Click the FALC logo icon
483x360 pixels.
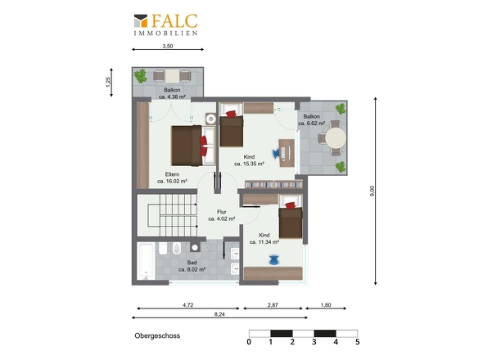click(141, 20)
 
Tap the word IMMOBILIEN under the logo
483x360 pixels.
click(165, 33)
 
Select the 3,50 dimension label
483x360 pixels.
click(168, 46)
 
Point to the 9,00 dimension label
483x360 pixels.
click(372, 191)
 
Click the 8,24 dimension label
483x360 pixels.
click(219, 314)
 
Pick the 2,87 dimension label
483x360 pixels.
click(273, 305)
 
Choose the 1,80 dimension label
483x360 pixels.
click(326, 305)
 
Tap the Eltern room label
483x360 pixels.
click(172, 174)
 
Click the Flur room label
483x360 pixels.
click(222, 212)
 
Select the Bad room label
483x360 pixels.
click(192, 263)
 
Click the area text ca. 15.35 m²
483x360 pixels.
click(249, 164)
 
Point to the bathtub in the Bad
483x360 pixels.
click(146, 261)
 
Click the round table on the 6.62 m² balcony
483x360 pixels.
click(336, 137)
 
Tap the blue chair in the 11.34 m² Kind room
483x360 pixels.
click(274, 260)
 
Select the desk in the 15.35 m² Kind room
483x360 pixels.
click(287, 153)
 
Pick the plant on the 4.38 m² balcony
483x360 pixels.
click(141, 76)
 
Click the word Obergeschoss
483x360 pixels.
click(157, 335)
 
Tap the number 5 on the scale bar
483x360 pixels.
click(357, 342)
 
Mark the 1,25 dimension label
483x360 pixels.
click(108, 82)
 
